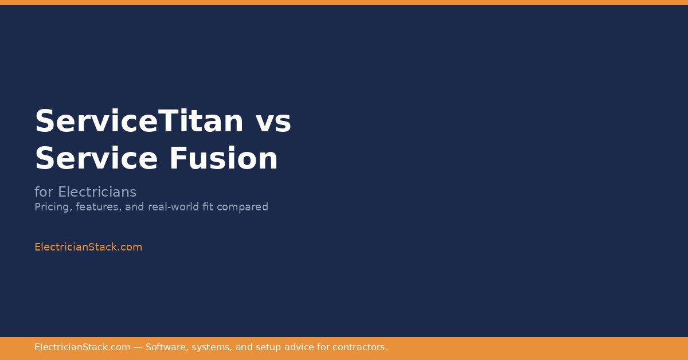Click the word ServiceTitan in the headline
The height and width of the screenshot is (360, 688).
pos(139,122)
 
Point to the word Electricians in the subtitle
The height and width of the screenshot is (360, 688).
pos(97,192)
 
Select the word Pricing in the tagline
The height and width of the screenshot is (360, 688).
pos(52,207)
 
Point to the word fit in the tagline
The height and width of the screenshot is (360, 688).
pos(209,207)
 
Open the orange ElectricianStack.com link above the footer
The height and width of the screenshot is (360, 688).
pos(88,247)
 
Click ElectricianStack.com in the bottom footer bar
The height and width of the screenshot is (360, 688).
pos(82,347)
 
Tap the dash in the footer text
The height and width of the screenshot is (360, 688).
pos(138,347)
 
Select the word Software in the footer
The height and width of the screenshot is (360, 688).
pos(166,347)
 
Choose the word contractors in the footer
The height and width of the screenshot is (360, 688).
pos(361,347)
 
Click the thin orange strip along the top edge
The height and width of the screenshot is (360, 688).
pos(344,2)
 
